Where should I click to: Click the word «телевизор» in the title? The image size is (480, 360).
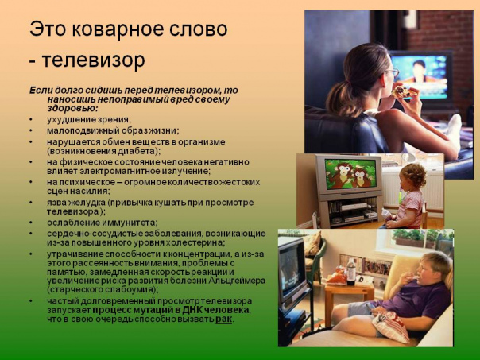click(x=93, y=60)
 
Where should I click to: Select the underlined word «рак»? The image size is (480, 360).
click(x=224, y=319)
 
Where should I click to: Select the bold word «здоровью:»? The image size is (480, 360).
click(x=73, y=109)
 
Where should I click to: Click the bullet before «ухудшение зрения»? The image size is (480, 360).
click(x=31, y=119)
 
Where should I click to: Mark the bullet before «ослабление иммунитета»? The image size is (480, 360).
click(x=31, y=223)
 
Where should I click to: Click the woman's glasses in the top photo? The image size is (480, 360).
click(x=393, y=72)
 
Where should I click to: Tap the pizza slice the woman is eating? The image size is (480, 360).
click(x=404, y=91)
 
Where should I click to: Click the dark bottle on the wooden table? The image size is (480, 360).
click(x=350, y=272)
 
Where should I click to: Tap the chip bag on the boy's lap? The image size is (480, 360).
click(x=389, y=325)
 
